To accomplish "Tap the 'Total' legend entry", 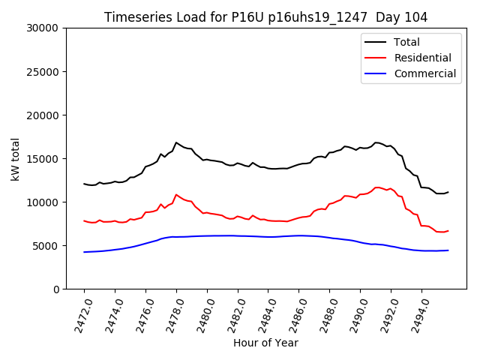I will click(406, 42).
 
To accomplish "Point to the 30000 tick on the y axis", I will click(44, 28).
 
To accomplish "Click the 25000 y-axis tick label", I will click(44, 72).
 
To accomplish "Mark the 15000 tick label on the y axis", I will click(44, 159).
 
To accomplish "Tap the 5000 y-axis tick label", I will click(47, 246).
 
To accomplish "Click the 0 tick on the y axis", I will click(57, 289).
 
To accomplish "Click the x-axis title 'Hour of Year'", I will click(265, 343).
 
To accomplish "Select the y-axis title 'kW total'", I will click(15, 158).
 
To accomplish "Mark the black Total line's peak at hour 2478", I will click(176, 142).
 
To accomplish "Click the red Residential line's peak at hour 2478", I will click(176, 194).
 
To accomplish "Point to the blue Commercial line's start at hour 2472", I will click(84, 252).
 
